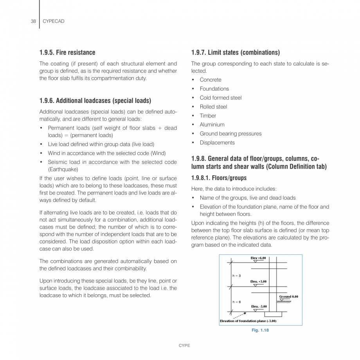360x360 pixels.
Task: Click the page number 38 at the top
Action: pyautogui.click(x=33, y=21)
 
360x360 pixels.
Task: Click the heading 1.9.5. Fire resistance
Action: pyautogui.click(x=67, y=52)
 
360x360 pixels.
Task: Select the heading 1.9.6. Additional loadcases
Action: pyautogui.click(x=95, y=101)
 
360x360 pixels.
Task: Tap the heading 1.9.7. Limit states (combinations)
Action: pyautogui.click(x=236, y=52)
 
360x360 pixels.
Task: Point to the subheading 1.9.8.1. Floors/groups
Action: pyautogui.click(x=219, y=178)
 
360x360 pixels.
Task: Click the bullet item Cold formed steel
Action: pyautogui.click(x=221, y=98)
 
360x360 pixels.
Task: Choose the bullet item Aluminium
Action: pyautogui.click(x=212, y=124)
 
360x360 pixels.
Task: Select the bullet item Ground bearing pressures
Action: pyautogui.click(x=230, y=133)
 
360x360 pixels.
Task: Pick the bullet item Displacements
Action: pyautogui.click(x=217, y=142)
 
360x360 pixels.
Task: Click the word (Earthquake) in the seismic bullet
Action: pyautogui.click(x=63, y=169)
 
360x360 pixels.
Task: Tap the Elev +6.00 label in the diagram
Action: pyautogui.click(x=258, y=258)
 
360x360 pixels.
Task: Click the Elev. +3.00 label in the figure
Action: pyautogui.click(x=258, y=281)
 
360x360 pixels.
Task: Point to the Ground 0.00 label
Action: pyautogui.click(x=288, y=297)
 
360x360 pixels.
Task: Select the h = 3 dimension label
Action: pyautogui.click(x=236, y=275)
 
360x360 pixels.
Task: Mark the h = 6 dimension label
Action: pyautogui.click(x=236, y=302)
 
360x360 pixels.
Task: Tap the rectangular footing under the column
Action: pyautogui.click(x=274, y=314)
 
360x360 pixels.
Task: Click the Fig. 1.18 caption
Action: pyautogui.click(x=260, y=330)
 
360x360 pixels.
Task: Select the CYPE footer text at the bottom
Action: pyautogui.click(x=184, y=346)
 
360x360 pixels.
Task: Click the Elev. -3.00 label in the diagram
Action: pyautogui.click(x=259, y=306)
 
